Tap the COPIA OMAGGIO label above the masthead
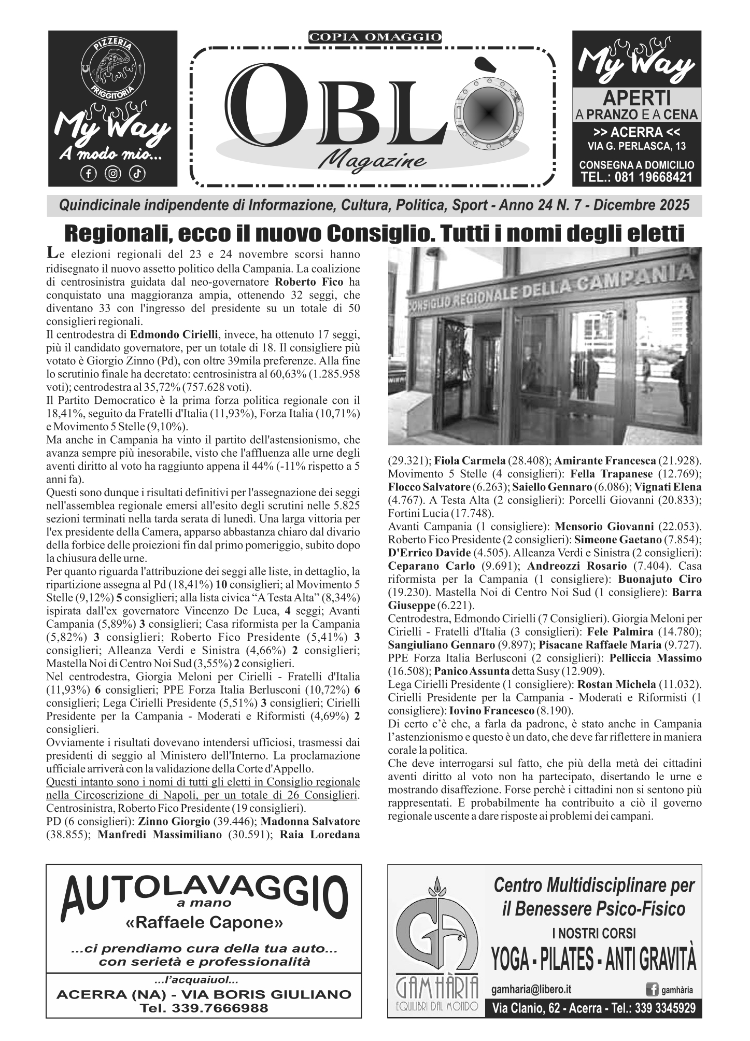(x=375, y=37)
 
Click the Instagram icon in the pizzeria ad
(x=112, y=174)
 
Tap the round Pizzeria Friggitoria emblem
(x=113, y=67)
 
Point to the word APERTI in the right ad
(x=636, y=97)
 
